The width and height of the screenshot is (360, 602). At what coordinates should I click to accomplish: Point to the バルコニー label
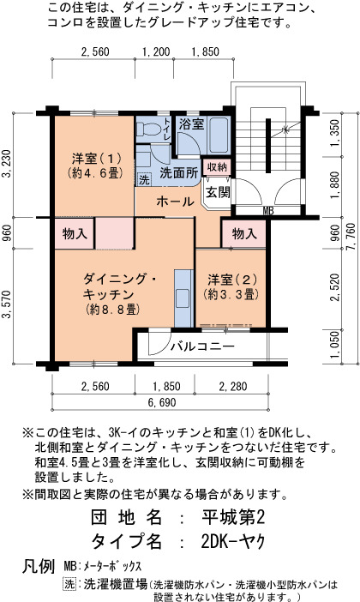click(x=202, y=346)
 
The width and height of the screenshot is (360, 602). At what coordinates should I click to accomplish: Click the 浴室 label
click(x=191, y=124)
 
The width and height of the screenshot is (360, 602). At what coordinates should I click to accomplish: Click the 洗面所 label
click(x=179, y=172)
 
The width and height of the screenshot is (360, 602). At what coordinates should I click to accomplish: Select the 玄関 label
click(x=218, y=192)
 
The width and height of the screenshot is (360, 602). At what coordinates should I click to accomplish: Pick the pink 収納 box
click(x=217, y=166)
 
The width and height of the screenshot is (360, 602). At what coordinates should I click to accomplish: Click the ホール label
click(x=175, y=202)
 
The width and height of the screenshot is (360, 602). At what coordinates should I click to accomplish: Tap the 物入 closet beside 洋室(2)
click(x=244, y=233)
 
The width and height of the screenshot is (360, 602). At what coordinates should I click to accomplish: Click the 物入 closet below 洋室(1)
click(x=75, y=233)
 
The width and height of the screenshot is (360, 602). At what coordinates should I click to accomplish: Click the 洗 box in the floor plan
click(x=144, y=179)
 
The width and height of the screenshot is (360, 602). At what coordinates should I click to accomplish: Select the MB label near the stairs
click(x=268, y=210)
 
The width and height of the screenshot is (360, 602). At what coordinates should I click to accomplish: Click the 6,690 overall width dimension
click(x=162, y=402)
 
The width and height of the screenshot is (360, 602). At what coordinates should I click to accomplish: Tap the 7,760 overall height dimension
click(x=351, y=238)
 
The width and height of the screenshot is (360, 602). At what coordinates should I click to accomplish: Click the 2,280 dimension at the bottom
click(x=233, y=386)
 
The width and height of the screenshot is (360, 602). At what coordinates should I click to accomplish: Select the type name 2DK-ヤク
click(x=233, y=541)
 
